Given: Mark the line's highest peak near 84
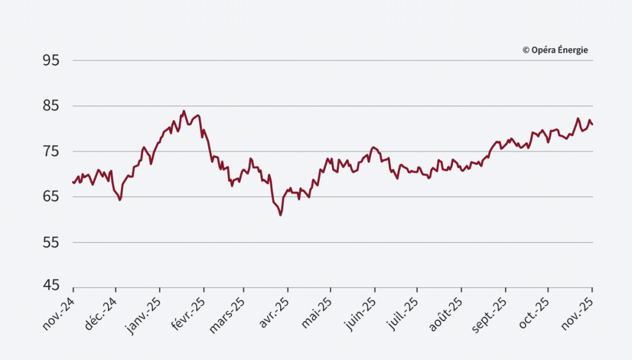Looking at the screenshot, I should (x=183, y=111).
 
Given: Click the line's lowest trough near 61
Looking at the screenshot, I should (x=280, y=215).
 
